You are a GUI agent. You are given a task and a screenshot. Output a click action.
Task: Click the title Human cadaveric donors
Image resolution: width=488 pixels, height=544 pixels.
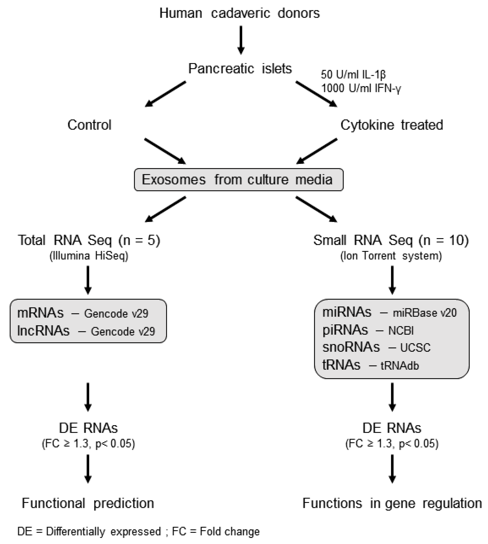[240, 13]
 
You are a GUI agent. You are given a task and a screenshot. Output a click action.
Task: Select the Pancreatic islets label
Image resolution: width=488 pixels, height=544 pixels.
[240, 68]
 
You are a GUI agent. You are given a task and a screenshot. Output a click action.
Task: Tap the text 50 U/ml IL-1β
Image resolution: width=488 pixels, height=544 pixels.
[353, 75]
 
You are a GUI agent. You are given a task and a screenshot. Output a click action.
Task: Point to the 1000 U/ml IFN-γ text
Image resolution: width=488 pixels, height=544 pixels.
[361, 88]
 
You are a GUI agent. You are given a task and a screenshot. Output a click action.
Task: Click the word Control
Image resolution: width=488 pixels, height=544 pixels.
[89, 125]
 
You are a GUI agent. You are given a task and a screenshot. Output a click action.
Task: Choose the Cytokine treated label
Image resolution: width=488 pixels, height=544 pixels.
[391, 125]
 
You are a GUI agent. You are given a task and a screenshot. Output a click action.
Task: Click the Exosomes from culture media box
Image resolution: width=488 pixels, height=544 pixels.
[239, 180]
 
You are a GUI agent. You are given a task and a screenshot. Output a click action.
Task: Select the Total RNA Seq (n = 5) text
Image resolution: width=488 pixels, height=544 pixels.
[89, 240]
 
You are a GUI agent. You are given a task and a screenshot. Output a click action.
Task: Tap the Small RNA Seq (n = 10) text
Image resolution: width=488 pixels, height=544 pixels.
[391, 240]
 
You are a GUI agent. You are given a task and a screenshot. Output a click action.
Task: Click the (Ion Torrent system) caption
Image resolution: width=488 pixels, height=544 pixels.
[391, 256]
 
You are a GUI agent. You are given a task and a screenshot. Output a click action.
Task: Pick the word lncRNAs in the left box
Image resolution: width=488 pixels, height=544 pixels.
[43, 331]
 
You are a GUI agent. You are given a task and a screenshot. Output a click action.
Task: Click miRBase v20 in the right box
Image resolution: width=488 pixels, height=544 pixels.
[424, 313]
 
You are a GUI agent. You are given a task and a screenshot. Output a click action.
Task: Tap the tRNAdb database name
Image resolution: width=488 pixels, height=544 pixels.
[400, 366]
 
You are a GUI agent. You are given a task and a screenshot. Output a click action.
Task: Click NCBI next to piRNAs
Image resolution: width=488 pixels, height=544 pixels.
[401, 330]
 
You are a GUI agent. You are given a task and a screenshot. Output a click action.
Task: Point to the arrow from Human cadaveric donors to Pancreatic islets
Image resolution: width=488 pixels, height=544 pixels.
[241, 40]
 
